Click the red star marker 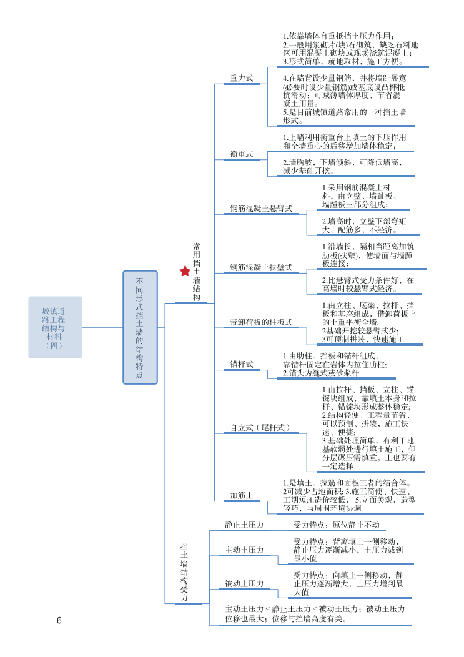tap(185, 271)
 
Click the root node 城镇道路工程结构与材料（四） tap(55, 327)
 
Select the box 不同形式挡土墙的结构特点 tap(140, 327)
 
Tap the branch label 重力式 tap(242, 78)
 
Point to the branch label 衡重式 tap(242, 154)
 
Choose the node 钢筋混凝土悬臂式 tap(261, 209)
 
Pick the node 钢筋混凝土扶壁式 tap(261, 267)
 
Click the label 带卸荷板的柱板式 tap(261, 322)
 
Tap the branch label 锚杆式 tap(242, 364)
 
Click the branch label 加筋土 tap(242, 495)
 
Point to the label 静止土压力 tap(244, 525)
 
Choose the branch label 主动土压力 tap(244, 550)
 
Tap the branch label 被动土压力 tap(244, 583)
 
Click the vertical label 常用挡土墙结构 tap(197, 272)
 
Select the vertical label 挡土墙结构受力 tap(184, 572)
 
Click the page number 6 tap(59, 620)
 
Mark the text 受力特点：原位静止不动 tap(336, 525)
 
